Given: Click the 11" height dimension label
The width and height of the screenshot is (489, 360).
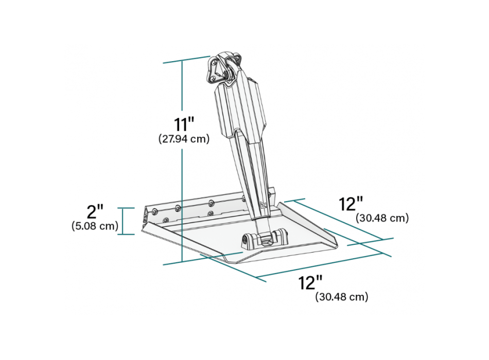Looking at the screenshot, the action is (x=184, y=124).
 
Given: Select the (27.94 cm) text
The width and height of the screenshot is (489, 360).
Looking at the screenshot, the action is (x=184, y=139).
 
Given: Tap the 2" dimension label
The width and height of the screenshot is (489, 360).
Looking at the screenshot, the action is (x=95, y=211).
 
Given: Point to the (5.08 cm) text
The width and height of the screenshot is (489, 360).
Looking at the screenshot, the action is (x=95, y=225).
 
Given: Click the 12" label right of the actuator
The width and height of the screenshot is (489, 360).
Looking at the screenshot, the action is (x=352, y=204).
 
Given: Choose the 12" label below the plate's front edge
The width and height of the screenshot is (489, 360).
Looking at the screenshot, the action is (x=310, y=282).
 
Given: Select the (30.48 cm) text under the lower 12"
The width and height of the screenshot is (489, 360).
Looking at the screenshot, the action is (x=342, y=297).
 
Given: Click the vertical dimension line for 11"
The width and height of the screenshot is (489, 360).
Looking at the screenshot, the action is (x=182, y=162).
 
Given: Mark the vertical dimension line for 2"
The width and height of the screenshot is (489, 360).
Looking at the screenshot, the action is (x=123, y=221).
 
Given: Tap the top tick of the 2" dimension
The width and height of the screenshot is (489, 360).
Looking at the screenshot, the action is (x=126, y=208).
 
